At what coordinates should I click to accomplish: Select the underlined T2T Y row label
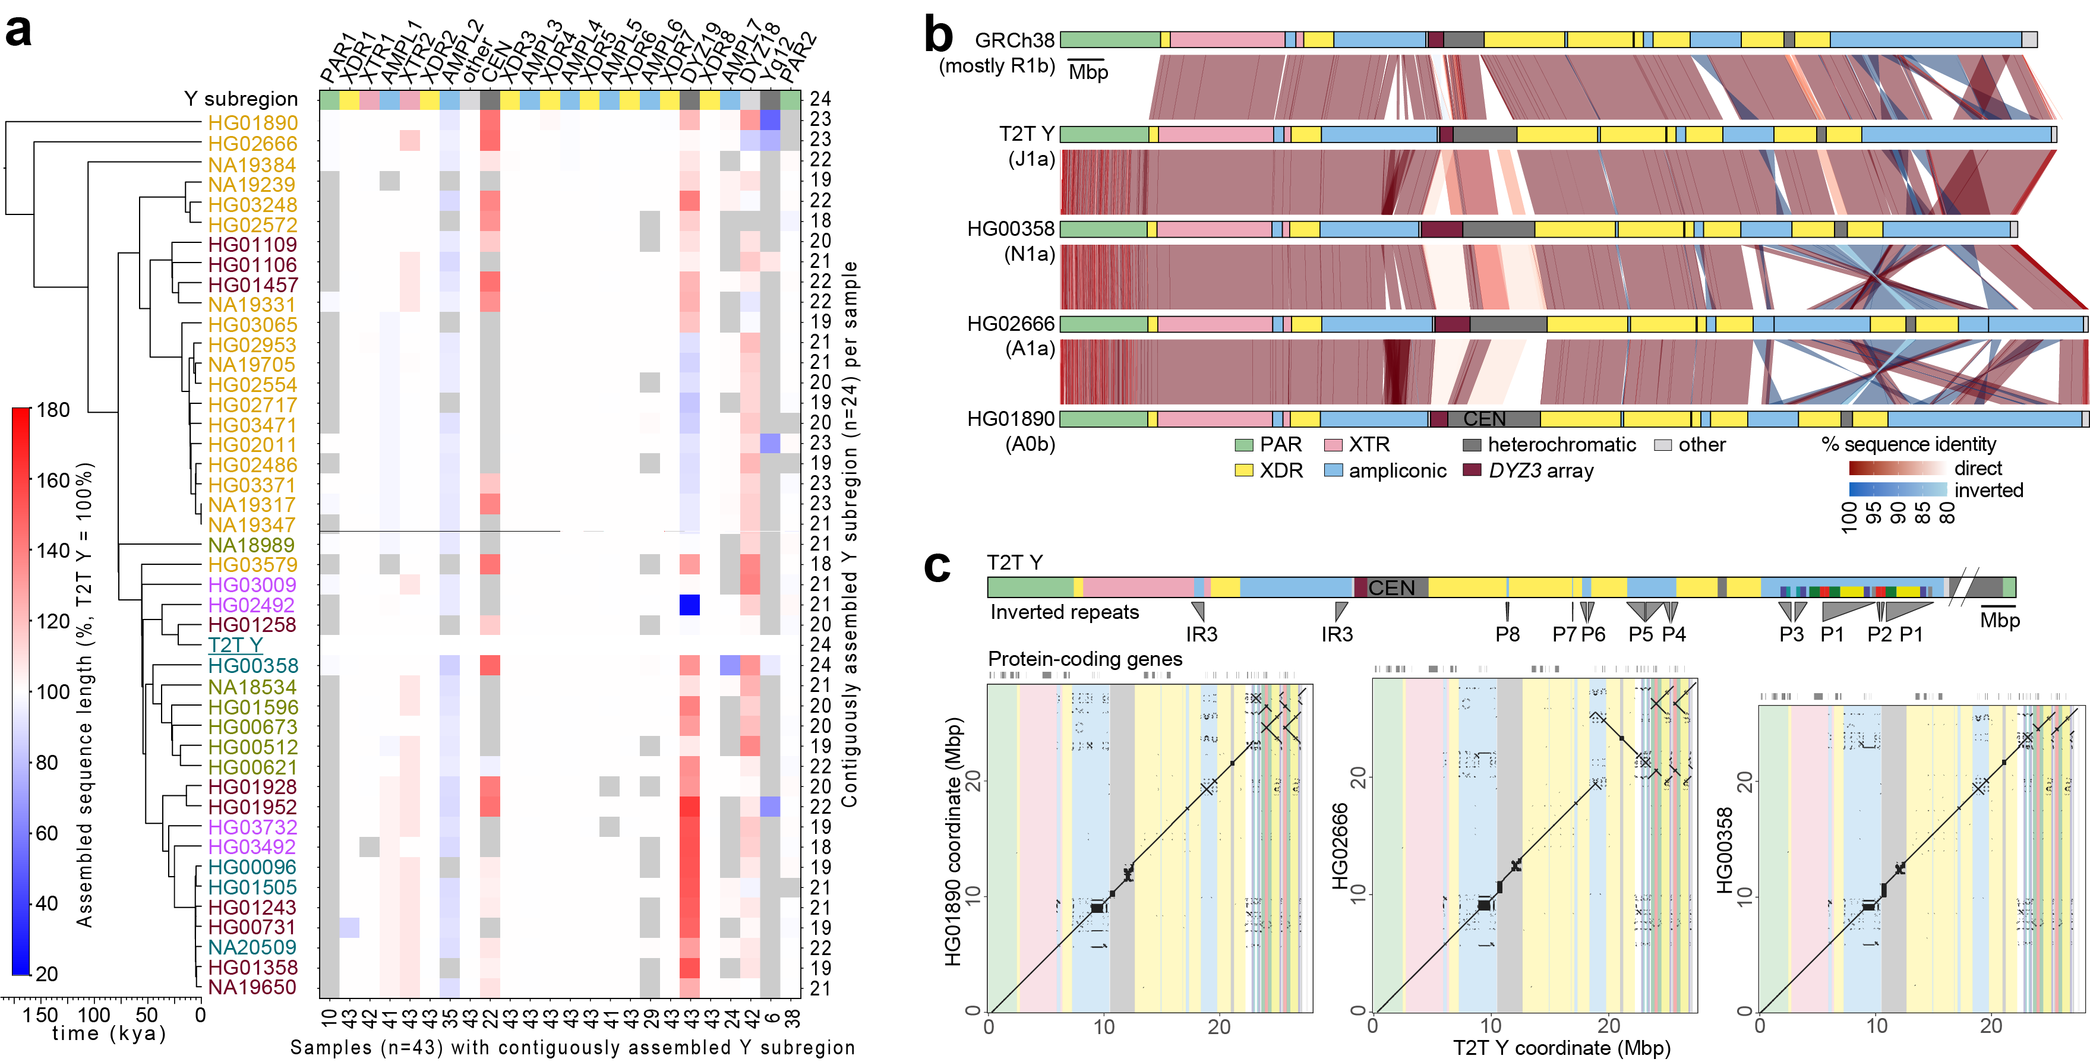tap(235, 645)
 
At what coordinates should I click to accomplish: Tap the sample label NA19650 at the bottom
tap(252, 987)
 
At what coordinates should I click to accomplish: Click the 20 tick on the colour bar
tap(47, 973)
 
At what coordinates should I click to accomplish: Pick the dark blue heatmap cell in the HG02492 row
tap(690, 605)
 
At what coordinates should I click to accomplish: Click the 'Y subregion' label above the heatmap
tap(241, 99)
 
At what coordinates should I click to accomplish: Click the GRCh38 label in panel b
tap(1014, 40)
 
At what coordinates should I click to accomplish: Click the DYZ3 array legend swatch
tap(1471, 470)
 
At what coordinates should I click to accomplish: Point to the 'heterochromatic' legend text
tap(1562, 445)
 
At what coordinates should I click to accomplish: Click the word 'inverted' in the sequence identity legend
tap(1988, 490)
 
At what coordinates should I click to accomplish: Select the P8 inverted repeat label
tap(1507, 634)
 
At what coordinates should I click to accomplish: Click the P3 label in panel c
tap(1791, 634)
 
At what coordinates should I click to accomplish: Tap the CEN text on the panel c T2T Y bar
tap(1391, 588)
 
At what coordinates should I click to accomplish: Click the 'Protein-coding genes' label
tap(1085, 659)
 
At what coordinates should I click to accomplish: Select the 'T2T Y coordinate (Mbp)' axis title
tap(1562, 1047)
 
